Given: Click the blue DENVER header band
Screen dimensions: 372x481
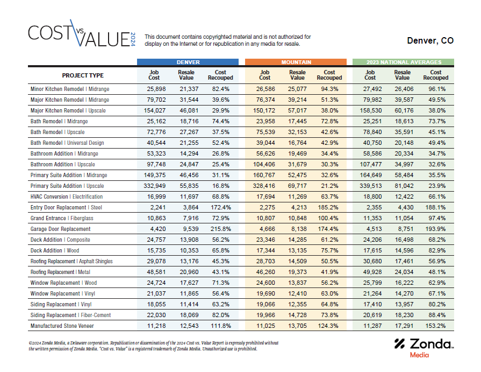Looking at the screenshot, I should [188, 62].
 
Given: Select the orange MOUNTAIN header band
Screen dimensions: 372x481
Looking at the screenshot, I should [296, 62].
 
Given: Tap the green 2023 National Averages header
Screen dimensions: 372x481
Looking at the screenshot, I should [404, 62].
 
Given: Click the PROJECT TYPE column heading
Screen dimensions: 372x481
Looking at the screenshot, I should [83, 75].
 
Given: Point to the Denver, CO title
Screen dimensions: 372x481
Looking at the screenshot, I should [430, 41].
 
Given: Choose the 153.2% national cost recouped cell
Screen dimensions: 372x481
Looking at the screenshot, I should [435, 326].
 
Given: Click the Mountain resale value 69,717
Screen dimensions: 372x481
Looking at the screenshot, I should [297, 186].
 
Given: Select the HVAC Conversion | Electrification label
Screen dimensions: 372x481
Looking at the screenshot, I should [67, 196].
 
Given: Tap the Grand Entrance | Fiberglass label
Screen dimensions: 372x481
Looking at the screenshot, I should [62, 218].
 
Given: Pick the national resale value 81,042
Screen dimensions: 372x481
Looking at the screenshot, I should [402, 186].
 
